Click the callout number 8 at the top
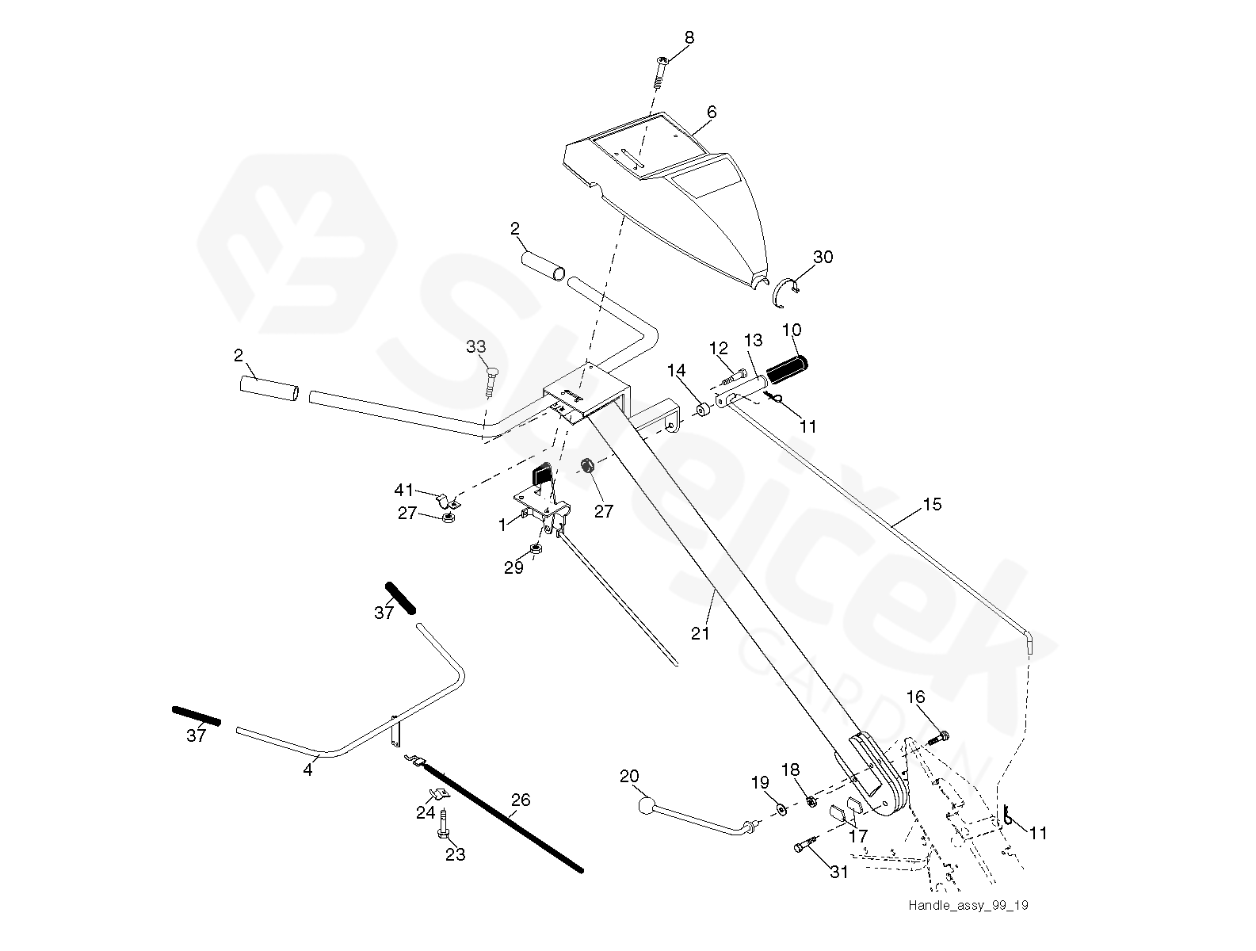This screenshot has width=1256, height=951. point(689,37)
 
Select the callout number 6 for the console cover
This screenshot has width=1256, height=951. point(712,113)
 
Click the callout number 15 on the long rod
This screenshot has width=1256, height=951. point(933,504)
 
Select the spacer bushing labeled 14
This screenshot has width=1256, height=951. point(702,411)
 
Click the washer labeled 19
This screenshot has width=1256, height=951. point(781,808)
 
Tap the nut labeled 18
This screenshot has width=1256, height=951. point(811,802)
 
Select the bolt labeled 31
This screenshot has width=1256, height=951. point(806,847)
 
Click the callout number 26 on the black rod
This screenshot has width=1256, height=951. point(520,800)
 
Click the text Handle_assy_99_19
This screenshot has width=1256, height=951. point(968,905)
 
